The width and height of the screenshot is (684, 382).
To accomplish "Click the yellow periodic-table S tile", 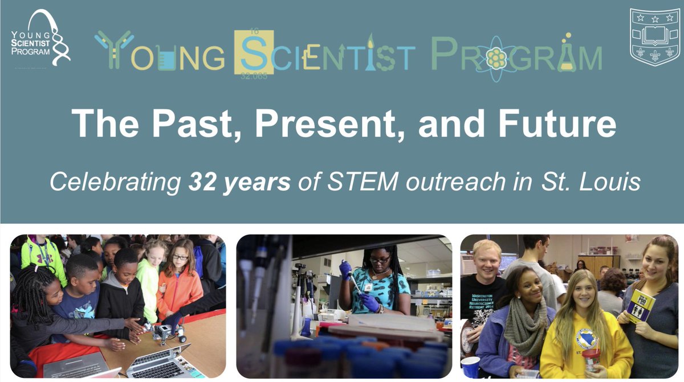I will (x=253, y=55).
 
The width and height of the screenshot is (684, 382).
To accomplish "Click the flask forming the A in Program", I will (x=566, y=54).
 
